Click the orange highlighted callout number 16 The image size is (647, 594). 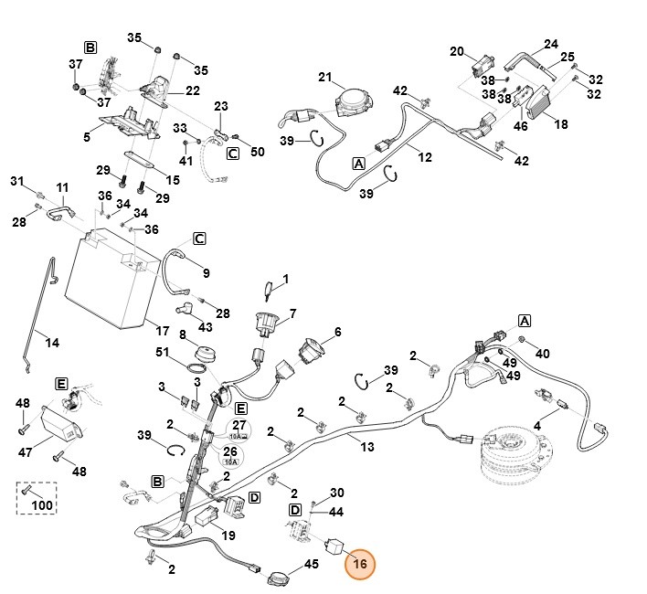(x=360, y=565)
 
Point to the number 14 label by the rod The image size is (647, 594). (x=52, y=343)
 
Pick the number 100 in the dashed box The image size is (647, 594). (x=42, y=505)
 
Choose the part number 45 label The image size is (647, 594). (x=311, y=565)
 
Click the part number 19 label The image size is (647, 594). (x=228, y=536)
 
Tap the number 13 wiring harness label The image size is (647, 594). (x=368, y=447)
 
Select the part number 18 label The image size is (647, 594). (x=560, y=124)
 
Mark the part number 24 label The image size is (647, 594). (x=550, y=44)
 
